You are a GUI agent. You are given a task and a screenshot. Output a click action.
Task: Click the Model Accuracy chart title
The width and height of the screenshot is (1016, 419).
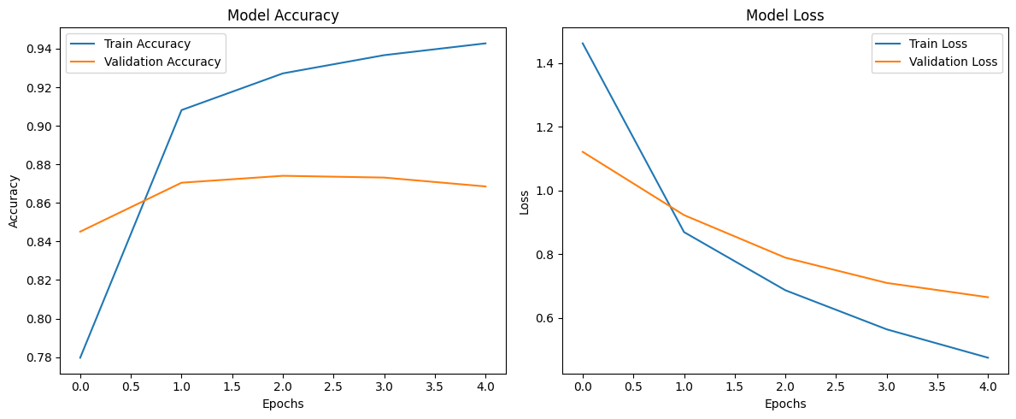283,15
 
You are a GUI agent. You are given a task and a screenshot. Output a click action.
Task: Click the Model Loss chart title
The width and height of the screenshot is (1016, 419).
784,15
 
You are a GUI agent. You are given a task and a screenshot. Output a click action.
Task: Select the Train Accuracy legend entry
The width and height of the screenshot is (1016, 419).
147,44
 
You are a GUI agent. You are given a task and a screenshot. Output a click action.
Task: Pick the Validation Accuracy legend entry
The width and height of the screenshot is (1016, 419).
162,62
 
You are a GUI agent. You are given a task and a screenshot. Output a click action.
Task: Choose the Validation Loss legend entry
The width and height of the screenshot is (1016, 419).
954,62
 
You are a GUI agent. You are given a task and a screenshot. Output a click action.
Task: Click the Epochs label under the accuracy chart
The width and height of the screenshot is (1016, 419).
283,404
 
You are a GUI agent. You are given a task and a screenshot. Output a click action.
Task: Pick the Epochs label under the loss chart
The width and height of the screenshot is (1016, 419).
784,404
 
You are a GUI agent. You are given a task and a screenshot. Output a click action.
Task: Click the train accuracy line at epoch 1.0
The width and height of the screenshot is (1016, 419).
181,110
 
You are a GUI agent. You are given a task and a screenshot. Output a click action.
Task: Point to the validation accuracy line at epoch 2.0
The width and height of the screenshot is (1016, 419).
283,176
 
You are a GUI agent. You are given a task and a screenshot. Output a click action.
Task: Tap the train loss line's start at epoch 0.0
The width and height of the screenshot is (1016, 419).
583,44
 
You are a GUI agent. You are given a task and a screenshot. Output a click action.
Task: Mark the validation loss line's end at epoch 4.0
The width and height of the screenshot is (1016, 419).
988,298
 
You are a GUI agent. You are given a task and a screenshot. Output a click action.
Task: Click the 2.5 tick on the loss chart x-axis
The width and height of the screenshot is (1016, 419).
836,387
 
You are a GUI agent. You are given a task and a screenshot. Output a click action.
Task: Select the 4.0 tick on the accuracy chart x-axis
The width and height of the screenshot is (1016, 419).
485,387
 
